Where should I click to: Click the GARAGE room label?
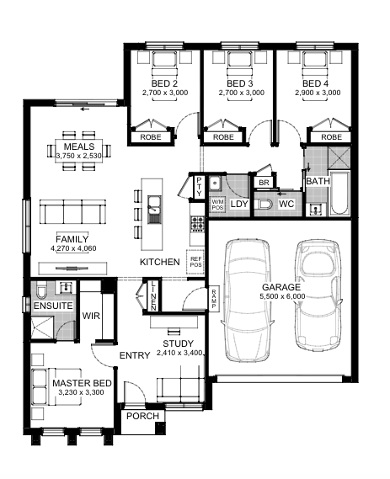tap(281, 287)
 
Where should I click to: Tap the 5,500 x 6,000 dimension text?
tap(282, 296)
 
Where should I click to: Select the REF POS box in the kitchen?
tap(195, 262)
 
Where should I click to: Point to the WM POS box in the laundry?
tap(217, 205)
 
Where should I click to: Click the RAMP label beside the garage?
tap(214, 299)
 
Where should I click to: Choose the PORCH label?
tap(142, 416)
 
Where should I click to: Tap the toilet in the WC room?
tap(263, 204)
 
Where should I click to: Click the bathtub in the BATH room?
tap(339, 194)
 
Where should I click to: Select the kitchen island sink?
tap(154, 210)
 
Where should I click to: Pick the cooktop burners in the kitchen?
tap(197, 224)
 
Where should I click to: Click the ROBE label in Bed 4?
tap(331, 137)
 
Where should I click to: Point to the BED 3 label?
tap(239, 83)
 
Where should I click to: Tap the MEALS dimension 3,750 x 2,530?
tap(79, 156)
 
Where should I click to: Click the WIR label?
tap(91, 316)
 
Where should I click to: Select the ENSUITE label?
tap(53, 306)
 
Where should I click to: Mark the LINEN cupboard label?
tap(153, 296)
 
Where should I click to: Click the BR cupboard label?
tap(264, 183)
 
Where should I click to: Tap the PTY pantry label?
tap(199, 186)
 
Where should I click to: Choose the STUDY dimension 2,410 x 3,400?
tap(179, 353)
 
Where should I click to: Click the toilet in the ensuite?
tap(40, 290)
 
